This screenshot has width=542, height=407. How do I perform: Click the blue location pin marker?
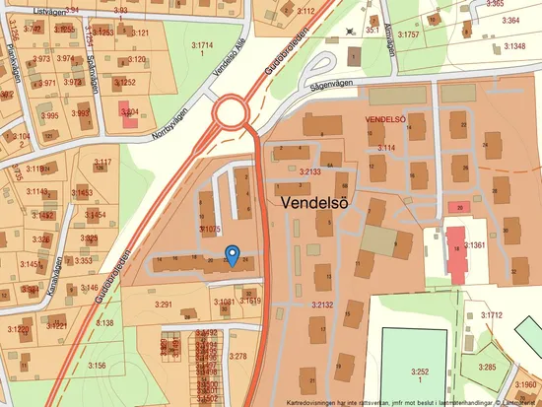[232, 255]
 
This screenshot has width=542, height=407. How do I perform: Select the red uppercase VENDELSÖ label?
[386, 119]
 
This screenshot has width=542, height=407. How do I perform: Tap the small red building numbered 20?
[456, 207]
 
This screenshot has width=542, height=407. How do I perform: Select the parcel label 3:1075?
[208, 228]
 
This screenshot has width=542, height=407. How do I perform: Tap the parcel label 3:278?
[237, 356]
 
